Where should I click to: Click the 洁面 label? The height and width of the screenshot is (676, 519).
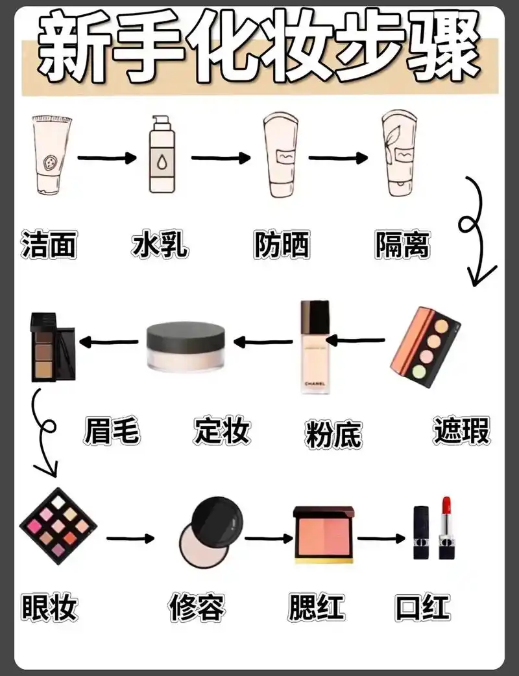click(49, 245)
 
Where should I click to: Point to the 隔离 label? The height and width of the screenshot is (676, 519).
click(402, 245)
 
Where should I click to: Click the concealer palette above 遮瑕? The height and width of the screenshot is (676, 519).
click(425, 347)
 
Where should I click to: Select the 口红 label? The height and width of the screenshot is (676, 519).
click(422, 608)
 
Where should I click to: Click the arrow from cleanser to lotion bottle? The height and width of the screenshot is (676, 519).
click(107, 157)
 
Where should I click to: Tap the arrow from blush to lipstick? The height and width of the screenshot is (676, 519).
click(381, 537)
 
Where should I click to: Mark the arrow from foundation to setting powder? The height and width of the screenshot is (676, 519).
click(263, 342)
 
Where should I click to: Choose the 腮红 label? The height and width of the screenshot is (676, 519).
click(317, 608)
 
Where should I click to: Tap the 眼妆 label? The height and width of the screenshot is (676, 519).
click(49, 608)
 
